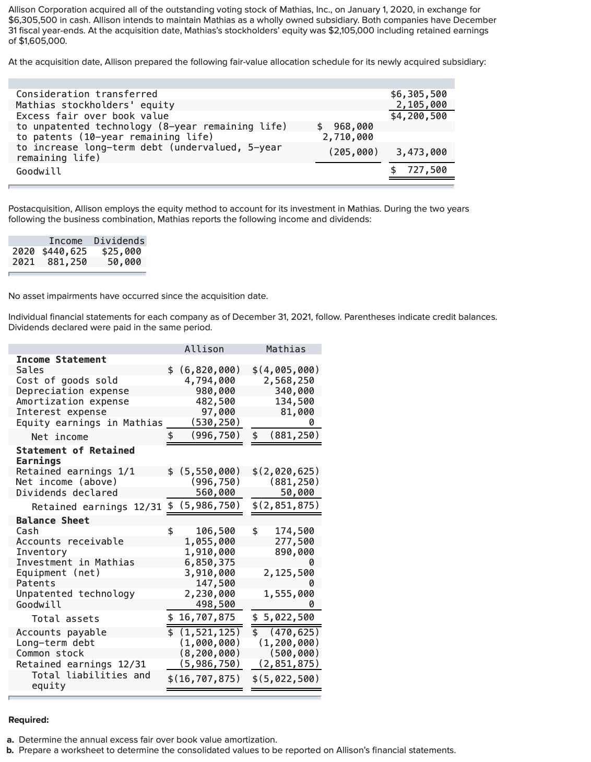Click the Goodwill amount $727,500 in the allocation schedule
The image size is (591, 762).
click(420, 170)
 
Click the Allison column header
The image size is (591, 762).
click(204, 349)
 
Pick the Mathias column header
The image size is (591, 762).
click(286, 349)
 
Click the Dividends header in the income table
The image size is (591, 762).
click(119, 241)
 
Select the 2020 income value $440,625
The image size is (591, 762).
click(64, 251)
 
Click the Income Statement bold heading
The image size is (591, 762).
click(61, 360)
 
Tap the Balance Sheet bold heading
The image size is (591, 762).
click(53, 521)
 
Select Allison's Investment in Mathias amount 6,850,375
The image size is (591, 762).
click(210, 562)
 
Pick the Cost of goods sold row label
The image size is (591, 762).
click(67, 380)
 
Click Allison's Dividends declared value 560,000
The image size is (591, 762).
click(215, 492)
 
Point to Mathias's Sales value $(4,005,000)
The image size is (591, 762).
click(286, 370)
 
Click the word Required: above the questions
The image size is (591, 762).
click(29, 720)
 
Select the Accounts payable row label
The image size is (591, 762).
click(61, 632)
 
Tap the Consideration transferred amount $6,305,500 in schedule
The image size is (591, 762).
click(419, 94)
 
